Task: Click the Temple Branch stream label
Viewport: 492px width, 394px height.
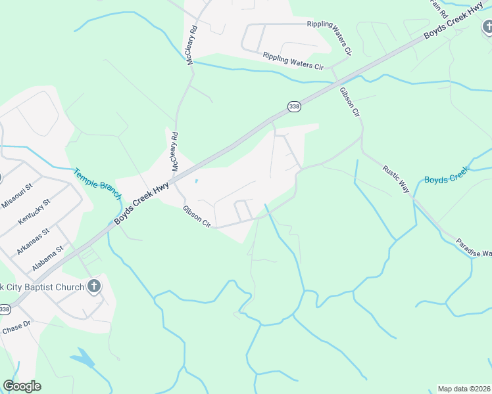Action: (97, 185)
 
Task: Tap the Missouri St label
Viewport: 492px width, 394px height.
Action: (16, 196)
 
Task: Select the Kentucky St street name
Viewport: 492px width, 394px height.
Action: (34, 211)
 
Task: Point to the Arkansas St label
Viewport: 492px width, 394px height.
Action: (32, 242)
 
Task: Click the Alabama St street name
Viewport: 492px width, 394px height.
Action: (47, 259)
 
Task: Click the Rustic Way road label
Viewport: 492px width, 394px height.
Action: (396, 179)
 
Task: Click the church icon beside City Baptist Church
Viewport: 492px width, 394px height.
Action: (94, 286)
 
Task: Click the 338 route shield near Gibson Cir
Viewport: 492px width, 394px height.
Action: (293, 106)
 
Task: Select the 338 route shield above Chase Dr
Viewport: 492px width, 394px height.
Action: (5, 309)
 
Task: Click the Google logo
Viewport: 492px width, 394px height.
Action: (22, 386)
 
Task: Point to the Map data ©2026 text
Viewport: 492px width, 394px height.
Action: (464, 389)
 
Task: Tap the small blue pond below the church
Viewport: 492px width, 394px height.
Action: (83, 358)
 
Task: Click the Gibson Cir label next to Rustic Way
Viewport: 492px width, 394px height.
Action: (349, 101)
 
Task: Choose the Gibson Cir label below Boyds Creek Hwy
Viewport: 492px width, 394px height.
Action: (197, 217)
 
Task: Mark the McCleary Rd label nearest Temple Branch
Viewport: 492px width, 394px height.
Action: (175, 152)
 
